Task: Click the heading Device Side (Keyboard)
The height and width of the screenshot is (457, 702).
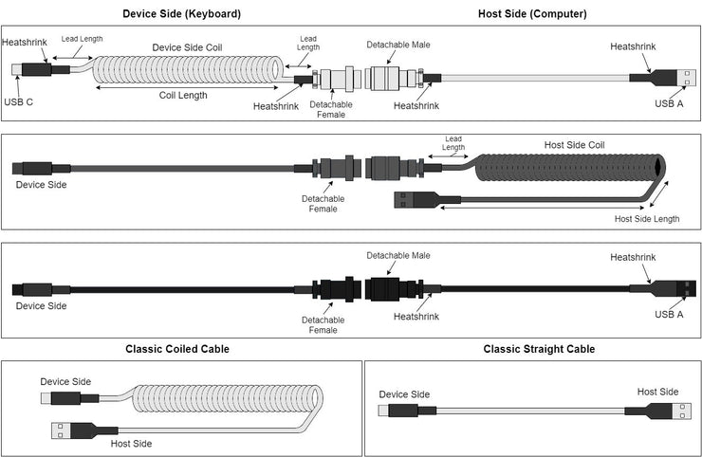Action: point(181,14)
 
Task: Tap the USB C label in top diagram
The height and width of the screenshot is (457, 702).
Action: point(19,101)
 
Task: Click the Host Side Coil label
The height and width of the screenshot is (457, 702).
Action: point(574,145)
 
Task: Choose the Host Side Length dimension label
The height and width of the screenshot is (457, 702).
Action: point(646,219)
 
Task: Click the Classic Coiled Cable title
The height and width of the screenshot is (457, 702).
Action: point(177,349)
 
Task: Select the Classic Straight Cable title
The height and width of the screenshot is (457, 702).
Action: point(539,349)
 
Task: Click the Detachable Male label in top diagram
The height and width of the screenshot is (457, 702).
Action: point(397,45)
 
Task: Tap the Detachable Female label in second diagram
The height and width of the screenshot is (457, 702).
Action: point(323,204)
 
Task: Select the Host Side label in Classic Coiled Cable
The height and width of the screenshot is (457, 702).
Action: point(131,444)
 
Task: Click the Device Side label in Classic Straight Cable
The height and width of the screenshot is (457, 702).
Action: point(404,393)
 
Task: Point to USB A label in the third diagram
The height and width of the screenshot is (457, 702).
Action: point(667,314)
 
